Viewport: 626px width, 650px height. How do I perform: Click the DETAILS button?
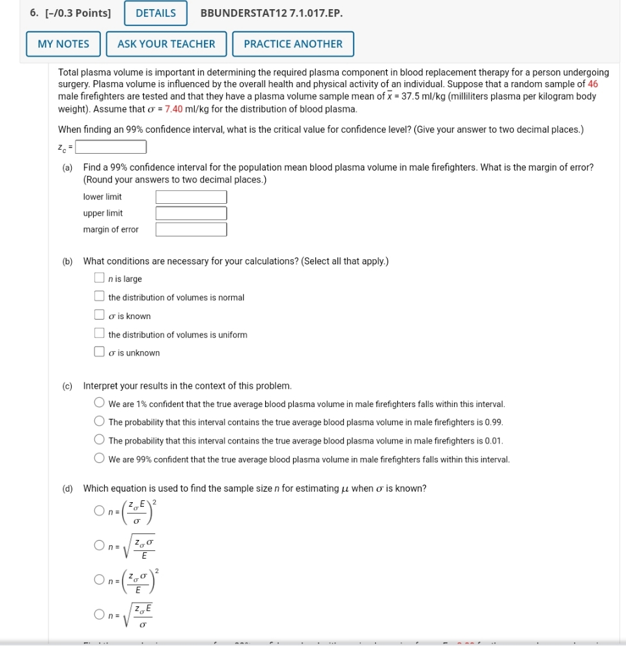pyautogui.click(x=156, y=13)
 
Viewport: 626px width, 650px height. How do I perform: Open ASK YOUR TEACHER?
pyautogui.click(x=166, y=44)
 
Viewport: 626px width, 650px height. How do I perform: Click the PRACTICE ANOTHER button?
pyautogui.click(x=292, y=44)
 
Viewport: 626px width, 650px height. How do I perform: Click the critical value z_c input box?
pyautogui.click(x=111, y=148)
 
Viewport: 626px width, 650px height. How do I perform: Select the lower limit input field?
pyautogui.click(x=191, y=197)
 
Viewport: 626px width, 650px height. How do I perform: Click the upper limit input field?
pyautogui.click(x=191, y=213)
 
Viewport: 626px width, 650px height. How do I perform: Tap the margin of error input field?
pyautogui.click(x=191, y=229)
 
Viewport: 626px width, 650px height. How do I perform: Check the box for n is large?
pyautogui.click(x=99, y=278)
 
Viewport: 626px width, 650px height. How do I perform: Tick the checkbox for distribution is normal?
pyautogui.click(x=99, y=297)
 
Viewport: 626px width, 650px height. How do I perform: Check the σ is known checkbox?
pyautogui.click(x=99, y=316)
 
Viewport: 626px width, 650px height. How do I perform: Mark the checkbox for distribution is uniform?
pyautogui.click(x=99, y=334)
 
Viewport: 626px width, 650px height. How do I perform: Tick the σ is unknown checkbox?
pyautogui.click(x=99, y=352)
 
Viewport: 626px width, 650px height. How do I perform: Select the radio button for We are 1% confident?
pyautogui.click(x=99, y=404)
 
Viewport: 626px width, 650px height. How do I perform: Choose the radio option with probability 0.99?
pyautogui.click(x=99, y=422)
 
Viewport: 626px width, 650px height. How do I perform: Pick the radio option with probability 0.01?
pyautogui.click(x=99, y=440)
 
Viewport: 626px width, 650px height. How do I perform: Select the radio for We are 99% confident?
pyautogui.click(x=99, y=459)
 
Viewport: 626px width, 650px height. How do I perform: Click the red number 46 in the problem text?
pyautogui.click(x=593, y=84)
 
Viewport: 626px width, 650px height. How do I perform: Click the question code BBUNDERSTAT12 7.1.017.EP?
pyautogui.click(x=272, y=13)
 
